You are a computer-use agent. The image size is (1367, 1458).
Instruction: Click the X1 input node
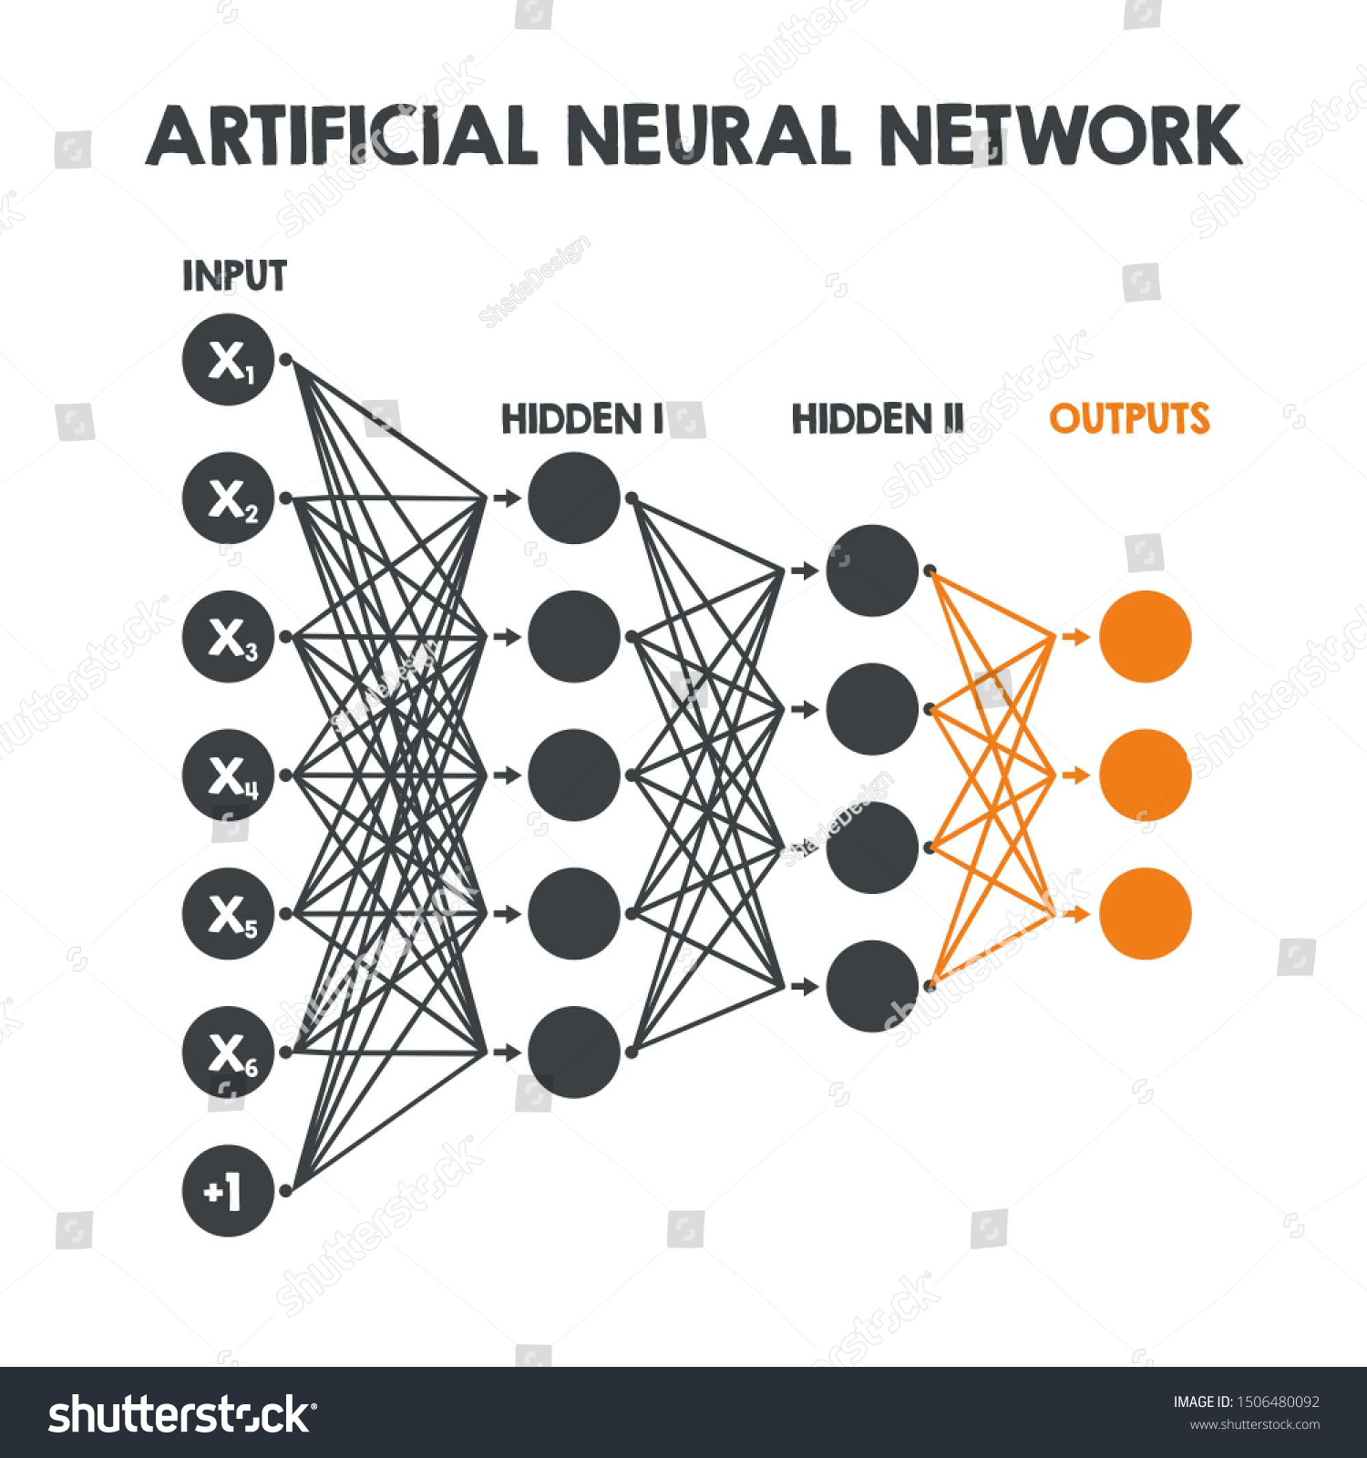click(x=228, y=360)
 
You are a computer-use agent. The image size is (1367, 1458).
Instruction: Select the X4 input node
click(x=228, y=775)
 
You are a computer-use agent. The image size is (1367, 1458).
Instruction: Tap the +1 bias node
click(x=228, y=1190)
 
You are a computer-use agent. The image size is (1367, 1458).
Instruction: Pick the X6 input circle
click(x=228, y=1052)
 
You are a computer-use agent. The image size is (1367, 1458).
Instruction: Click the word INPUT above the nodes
click(x=234, y=276)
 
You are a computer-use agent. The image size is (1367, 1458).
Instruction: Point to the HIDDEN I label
click(x=582, y=419)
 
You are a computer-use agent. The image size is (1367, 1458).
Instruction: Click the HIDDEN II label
click(x=877, y=419)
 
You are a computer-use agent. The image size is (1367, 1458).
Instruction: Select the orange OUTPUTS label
click(x=1129, y=419)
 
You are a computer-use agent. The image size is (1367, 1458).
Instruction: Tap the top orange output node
click(x=1145, y=636)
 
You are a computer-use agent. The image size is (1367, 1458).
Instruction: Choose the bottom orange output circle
click(x=1145, y=913)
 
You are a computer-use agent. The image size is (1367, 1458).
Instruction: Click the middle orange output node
click(x=1145, y=775)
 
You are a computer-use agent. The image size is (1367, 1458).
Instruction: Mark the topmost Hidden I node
click(x=574, y=498)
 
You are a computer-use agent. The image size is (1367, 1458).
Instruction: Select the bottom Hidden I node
click(x=574, y=1052)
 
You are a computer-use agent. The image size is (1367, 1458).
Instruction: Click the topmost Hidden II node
click(x=872, y=570)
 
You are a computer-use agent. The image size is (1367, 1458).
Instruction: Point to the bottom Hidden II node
click(x=872, y=986)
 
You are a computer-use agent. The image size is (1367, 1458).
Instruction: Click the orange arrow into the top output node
click(x=1075, y=636)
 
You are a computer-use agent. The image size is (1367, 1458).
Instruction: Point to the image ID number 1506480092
click(x=1277, y=1402)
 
